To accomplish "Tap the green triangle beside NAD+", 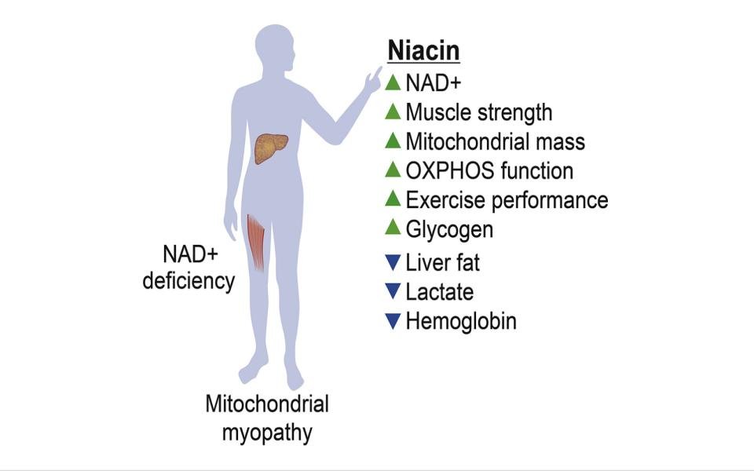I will click(393, 82).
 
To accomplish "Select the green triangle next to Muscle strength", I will click(393, 111).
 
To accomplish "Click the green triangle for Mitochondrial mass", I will click(393, 141).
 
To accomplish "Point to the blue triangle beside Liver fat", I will click(393, 261).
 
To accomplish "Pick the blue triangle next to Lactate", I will click(393, 291).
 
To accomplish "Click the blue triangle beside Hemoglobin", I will click(393, 320).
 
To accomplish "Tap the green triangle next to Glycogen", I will click(393, 228).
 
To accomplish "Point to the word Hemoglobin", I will click(461, 321).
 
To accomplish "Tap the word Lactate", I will click(440, 292).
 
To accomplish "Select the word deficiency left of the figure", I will click(188, 281).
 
